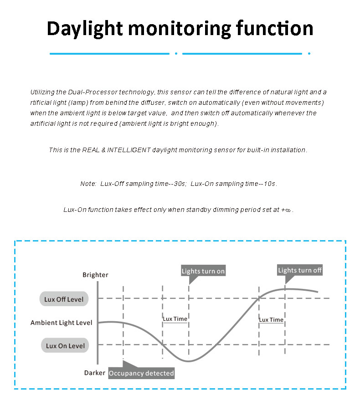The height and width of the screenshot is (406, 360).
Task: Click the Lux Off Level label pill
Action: (64, 299)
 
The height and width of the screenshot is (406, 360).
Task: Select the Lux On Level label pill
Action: (65, 346)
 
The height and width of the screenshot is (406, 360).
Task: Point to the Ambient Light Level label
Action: (61, 323)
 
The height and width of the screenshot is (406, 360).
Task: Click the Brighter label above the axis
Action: (95, 275)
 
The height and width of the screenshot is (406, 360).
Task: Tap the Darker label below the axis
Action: (95, 373)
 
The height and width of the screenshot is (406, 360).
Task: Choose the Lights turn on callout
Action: (203, 271)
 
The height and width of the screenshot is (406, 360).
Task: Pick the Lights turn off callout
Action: (300, 270)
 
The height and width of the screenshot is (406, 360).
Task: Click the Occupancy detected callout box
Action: (141, 373)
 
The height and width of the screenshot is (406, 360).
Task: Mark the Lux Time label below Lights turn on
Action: (175, 319)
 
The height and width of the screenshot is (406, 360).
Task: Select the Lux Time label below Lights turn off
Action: (271, 320)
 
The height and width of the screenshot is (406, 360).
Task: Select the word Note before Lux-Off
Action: (88, 184)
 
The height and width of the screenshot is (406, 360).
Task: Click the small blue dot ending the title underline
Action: (309, 53)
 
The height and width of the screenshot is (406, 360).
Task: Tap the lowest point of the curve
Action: (188, 361)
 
